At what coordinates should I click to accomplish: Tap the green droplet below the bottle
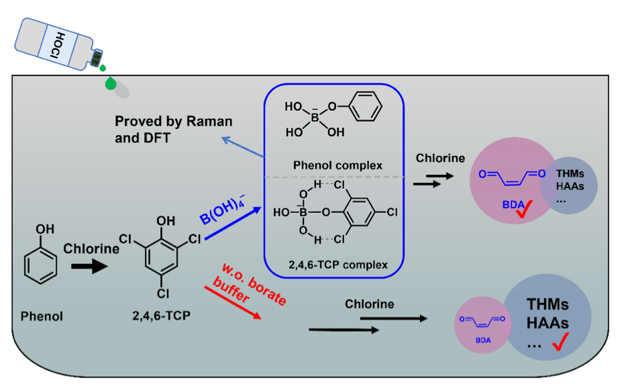[x=110, y=83]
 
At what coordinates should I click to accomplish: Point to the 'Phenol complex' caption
[x=338, y=165]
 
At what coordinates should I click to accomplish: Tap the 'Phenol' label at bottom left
[x=42, y=315]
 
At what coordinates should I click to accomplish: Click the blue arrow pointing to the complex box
[x=232, y=222]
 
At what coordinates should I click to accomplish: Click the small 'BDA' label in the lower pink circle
[x=483, y=340]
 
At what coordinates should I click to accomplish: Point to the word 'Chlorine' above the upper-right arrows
[x=440, y=159]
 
